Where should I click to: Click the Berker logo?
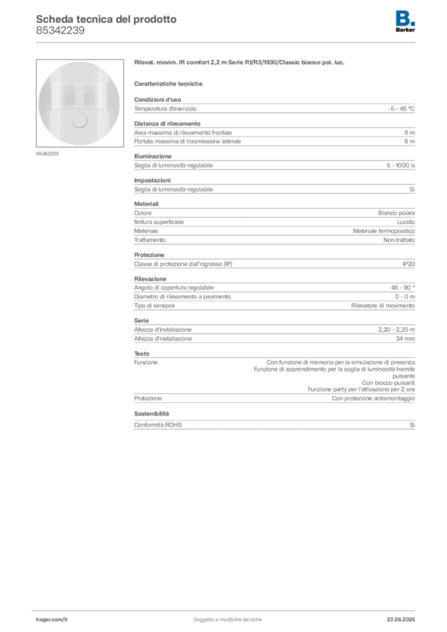405,22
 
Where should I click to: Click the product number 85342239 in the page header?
60,31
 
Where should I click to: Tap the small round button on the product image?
79,120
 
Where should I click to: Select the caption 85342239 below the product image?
47,154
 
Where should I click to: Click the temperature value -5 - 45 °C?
401,109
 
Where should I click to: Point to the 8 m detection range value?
409,133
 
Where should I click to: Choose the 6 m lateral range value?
409,141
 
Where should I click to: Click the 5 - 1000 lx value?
401,165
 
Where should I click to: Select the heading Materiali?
146,204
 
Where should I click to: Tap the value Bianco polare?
396,213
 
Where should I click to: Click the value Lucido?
406,222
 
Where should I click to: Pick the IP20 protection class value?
409,264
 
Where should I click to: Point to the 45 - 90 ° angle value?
403,288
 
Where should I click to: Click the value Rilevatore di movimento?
383,306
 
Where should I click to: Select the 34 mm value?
405,339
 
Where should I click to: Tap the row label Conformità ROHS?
158,425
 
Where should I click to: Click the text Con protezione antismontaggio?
374,398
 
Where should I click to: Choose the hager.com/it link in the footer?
52,620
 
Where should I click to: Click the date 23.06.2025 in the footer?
401,620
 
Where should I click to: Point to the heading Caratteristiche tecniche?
168,84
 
